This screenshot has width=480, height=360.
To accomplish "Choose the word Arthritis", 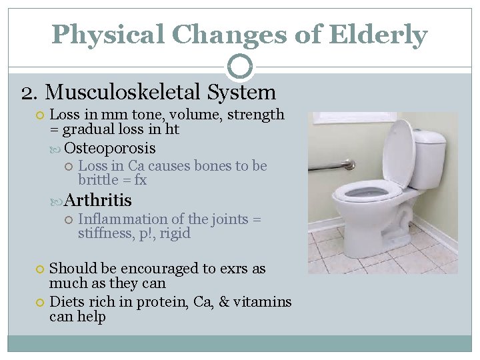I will (98, 200).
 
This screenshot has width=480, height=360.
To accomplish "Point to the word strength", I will (256, 115).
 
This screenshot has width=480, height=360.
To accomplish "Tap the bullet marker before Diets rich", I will (41, 302).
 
